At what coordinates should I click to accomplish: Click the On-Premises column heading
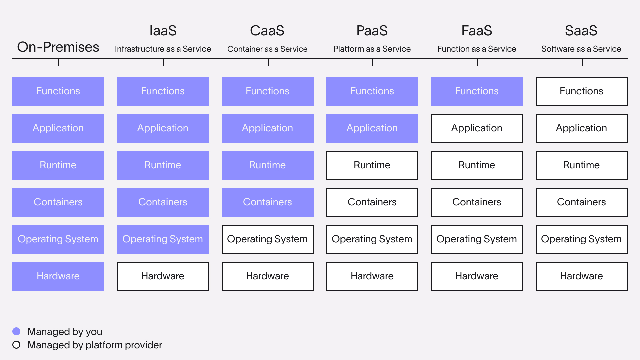click(58, 47)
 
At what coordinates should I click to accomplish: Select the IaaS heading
click(163, 31)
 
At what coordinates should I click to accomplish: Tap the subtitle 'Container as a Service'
click(267, 49)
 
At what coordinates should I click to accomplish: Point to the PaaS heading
click(372, 31)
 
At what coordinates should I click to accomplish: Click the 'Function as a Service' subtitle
click(477, 49)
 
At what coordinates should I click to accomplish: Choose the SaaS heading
click(581, 31)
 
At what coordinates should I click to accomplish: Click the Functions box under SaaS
click(581, 92)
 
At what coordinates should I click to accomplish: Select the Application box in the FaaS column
click(477, 129)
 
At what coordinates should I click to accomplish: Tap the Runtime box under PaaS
click(372, 166)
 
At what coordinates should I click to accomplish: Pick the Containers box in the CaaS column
click(267, 203)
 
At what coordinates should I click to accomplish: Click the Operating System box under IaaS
click(163, 240)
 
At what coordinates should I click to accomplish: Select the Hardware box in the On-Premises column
click(58, 277)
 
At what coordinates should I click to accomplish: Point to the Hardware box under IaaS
click(163, 277)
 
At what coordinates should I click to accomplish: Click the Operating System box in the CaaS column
click(267, 240)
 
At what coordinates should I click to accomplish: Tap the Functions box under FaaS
click(477, 92)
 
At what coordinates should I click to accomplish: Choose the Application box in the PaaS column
click(372, 129)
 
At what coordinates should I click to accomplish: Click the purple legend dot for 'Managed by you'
click(16, 331)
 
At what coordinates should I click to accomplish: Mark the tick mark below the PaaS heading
click(373, 62)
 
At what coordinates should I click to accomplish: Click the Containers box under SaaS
click(581, 203)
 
